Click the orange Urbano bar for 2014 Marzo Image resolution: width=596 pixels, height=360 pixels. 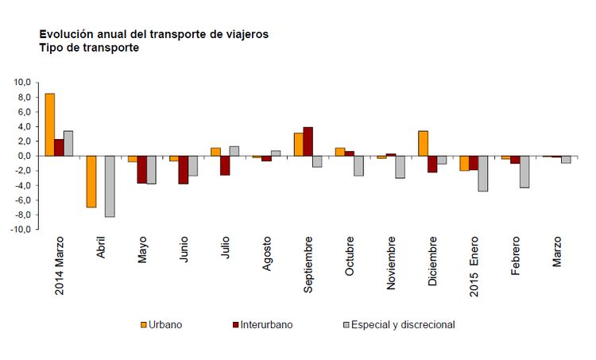50,125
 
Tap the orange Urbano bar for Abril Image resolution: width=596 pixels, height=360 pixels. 91,181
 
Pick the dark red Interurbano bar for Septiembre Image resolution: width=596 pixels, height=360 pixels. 308,141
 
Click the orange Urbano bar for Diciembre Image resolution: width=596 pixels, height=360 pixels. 423,143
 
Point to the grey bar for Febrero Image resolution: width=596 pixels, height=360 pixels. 524,172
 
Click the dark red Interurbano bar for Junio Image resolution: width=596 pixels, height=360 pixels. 183,169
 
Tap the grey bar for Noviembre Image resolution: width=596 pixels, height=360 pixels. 400,167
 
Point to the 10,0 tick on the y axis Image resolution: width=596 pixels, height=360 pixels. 21,83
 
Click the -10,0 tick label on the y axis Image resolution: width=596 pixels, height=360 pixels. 20,230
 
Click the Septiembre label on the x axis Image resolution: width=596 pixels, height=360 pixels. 308,264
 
